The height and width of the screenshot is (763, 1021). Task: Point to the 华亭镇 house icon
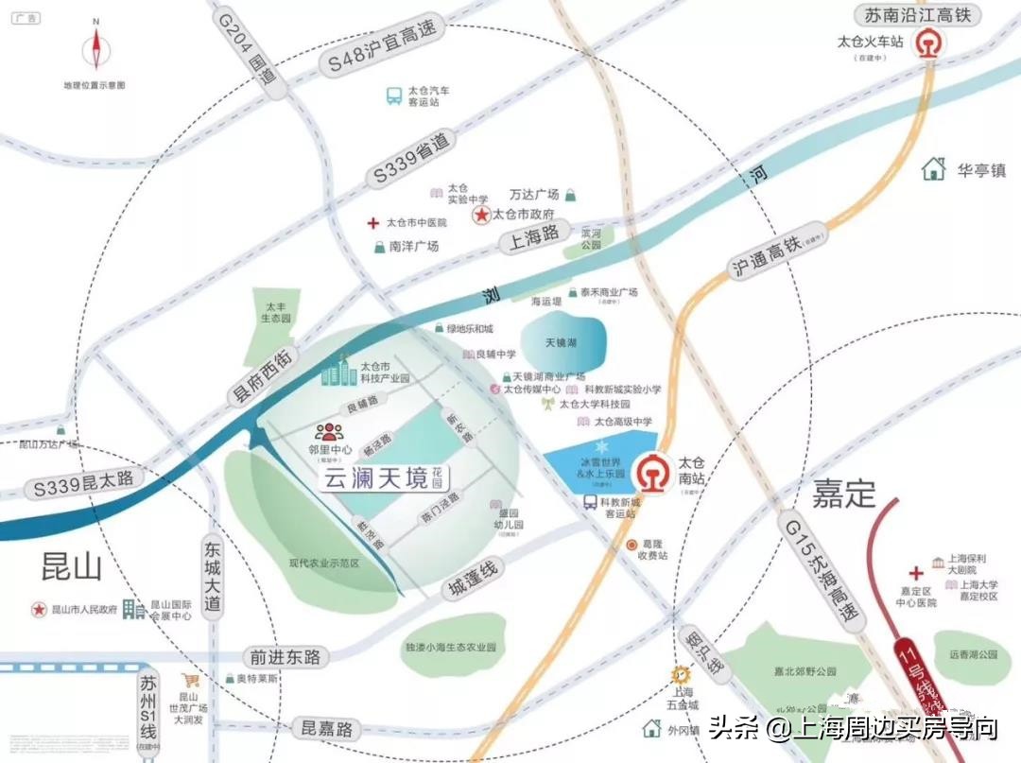[x=934, y=169]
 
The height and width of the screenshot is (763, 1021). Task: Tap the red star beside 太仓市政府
[x=480, y=216]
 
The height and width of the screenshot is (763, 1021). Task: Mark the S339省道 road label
[x=413, y=159]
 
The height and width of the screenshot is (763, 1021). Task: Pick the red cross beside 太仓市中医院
[x=373, y=223]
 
